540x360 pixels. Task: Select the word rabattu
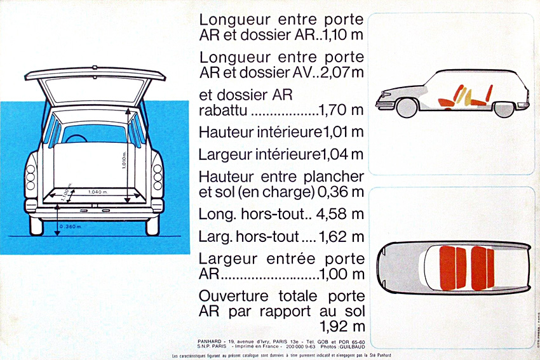point(223,111)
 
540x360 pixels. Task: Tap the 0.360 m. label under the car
point(71,227)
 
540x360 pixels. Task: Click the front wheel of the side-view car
point(407,109)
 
